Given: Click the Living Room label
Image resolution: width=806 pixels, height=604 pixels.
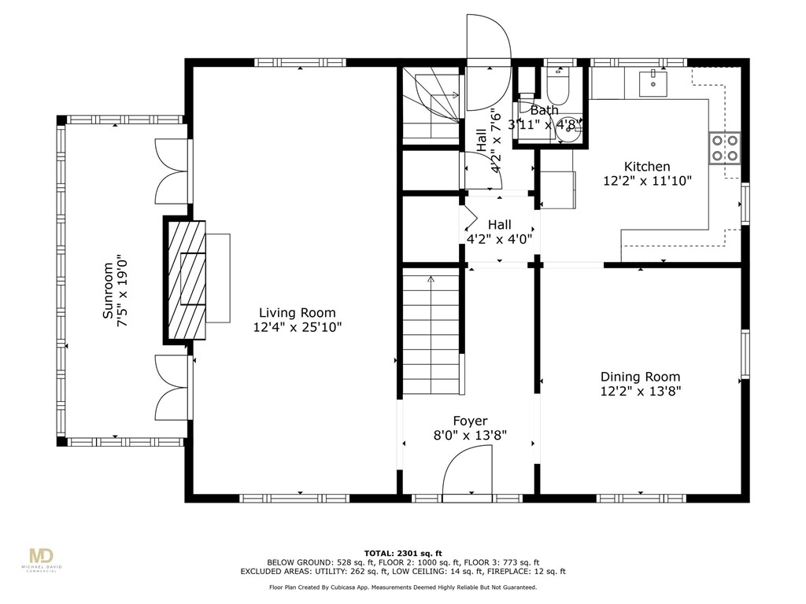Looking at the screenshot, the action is point(297,313).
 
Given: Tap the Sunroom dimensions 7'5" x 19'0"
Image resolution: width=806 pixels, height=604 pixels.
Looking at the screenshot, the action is point(122,290).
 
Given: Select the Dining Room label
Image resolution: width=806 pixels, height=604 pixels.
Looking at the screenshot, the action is point(640,377).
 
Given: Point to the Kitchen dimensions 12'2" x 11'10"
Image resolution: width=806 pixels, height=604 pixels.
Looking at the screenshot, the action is point(647,181).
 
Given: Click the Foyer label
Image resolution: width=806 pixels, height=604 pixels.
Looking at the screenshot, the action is point(470,422).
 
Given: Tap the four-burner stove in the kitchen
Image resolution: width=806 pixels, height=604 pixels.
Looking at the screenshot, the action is point(725,148).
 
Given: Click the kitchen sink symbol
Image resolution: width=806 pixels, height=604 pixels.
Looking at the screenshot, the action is point(653,84).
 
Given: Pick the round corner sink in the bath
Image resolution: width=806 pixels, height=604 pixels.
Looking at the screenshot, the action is point(569,131).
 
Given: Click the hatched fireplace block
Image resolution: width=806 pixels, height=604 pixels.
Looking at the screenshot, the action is point(186,280).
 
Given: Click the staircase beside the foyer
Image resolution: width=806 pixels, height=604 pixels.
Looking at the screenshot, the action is point(431,334).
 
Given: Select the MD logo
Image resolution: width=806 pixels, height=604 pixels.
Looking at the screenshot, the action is point(42,556).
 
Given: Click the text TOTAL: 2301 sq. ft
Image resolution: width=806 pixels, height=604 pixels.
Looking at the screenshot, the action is point(403,553).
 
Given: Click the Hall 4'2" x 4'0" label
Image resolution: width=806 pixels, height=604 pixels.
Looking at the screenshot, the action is point(499,232).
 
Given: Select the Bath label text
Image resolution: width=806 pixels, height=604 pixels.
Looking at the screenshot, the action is point(545,110).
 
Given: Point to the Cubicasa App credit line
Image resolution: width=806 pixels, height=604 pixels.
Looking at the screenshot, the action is point(403,587).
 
